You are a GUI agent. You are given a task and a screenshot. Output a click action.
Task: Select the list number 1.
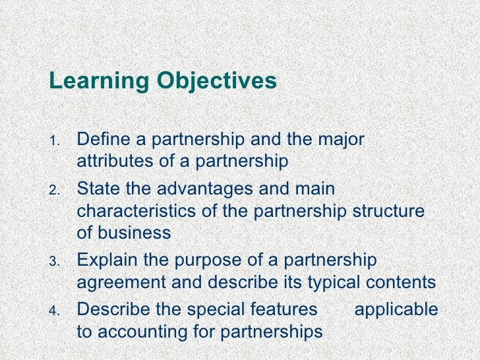[x=55, y=142]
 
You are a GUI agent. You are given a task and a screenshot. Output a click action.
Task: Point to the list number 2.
[x=55, y=191]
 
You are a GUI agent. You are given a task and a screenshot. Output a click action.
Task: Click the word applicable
[x=396, y=309]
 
